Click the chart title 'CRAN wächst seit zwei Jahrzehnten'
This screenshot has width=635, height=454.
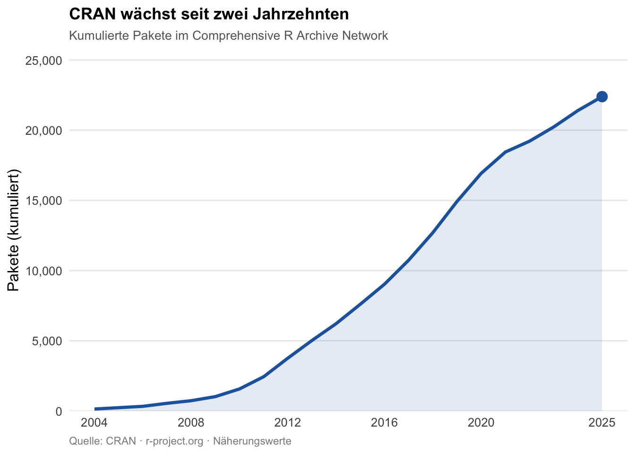(x=209, y=14)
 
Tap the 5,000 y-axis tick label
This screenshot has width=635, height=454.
(x=48, y=341)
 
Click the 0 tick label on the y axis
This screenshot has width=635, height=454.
(x=59, y=411)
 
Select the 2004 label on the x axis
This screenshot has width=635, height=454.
(x=94, y=423)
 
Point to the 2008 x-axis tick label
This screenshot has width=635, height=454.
(x=191, y=423)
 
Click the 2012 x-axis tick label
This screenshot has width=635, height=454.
(x=288, y=423)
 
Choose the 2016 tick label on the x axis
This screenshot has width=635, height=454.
(x=385, y=423)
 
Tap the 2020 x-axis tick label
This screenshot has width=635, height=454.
(x=481, y=423)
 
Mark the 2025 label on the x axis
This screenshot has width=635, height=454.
(x=602, y=423)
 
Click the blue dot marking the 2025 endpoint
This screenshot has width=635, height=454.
(x=602, y=96)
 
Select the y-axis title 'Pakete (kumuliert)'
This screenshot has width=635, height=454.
(x=14, y=230)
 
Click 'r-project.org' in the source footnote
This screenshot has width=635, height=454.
(x=174, y=441)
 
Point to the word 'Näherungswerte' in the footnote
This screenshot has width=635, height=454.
(x=252, y=441)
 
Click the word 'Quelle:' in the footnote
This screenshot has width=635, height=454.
(x=86, y=441)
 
